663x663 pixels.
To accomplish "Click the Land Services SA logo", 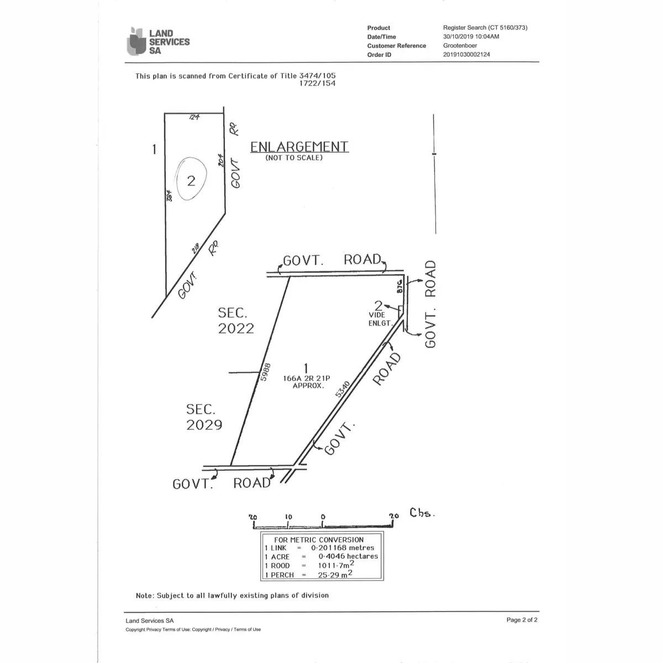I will [158, 41].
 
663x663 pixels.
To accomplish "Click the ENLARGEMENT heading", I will [299, 146].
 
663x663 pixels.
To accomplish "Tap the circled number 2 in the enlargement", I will [191, 181].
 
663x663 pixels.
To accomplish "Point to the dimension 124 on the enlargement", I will [194, 117].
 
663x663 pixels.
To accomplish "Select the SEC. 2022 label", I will [236, 321].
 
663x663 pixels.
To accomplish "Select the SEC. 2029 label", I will [204, 417].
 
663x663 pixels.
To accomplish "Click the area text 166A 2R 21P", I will [306, 378].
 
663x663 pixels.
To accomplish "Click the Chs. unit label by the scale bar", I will [422, 513].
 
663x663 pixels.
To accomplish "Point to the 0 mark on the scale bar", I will [323, 517].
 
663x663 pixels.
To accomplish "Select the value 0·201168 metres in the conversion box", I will [346, 548].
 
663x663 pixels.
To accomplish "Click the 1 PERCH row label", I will [279, 575].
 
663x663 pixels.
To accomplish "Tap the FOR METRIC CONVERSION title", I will [319, 539].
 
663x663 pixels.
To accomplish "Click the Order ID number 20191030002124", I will [466, 55].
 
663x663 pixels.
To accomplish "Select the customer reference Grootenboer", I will [460, 46].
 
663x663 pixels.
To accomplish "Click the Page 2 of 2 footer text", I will [522, 620].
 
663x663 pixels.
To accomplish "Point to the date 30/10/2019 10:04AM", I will [471, 36].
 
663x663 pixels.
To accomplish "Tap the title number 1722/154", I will [317, 83].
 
